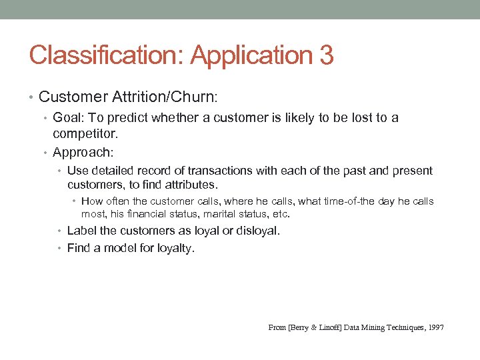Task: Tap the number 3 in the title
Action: (x=326, y=55)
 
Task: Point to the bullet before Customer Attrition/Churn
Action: (x=33, y=97)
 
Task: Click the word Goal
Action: (x=67, y=118)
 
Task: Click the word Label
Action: (x=81, y=231)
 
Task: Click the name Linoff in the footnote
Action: (x=319, y=327)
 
